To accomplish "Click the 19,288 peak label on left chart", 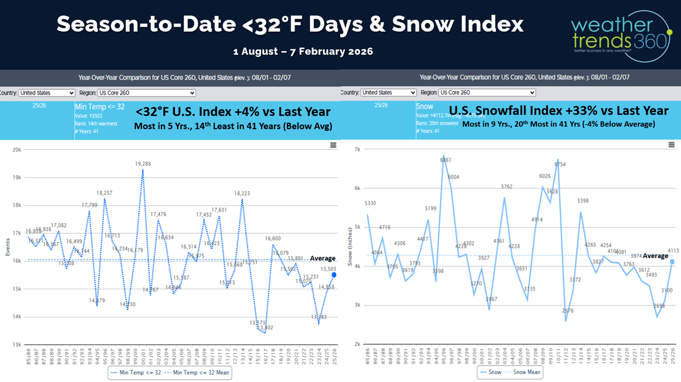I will coord(143,164).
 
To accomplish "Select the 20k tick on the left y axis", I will coord(17,150).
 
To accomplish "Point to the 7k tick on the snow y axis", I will coord(357,150).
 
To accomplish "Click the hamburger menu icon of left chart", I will coord(333,145).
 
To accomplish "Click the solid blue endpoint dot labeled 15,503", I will coord(334,275).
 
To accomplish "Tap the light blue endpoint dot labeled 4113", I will coord(672,262).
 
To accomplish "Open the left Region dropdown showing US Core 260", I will coord(146,93).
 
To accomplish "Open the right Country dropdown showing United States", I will coord(388,93).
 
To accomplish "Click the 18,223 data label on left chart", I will coord(242,194).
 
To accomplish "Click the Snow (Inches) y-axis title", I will coord(350,247).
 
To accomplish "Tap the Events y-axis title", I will coord(8,247).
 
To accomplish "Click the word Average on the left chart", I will coord(322,258).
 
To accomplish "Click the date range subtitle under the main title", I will coord(303,51).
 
